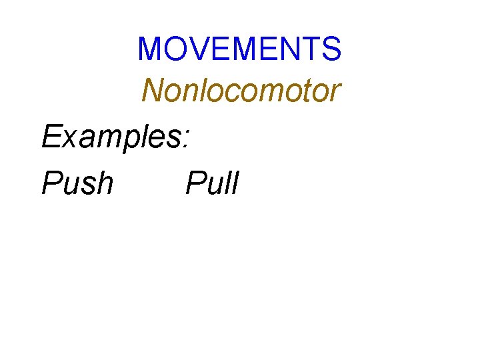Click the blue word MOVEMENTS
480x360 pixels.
(239, 49)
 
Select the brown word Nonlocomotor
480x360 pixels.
(241, 91)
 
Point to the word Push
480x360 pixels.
(77, 182)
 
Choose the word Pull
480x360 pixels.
(212, 182)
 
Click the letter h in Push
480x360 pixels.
(104, 182)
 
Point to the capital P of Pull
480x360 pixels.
(196, 182)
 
